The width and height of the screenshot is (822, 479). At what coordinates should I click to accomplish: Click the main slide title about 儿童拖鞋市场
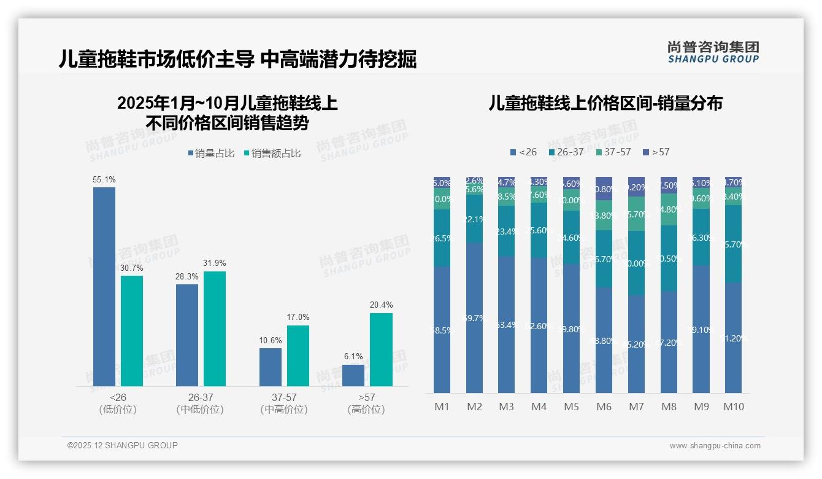point(237,60)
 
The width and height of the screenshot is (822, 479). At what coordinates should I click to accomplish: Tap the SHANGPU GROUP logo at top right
point(713,52)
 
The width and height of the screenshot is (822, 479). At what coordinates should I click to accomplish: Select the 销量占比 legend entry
point(211,154)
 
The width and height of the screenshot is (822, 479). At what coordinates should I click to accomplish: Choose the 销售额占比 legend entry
point(272,154)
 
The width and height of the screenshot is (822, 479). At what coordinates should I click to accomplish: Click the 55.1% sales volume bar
point(104,286)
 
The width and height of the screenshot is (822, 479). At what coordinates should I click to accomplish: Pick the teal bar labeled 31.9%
point(215,329)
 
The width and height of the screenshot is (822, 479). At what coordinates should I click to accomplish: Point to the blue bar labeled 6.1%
point(353,375)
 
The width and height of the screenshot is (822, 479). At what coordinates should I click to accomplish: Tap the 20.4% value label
point(381,305)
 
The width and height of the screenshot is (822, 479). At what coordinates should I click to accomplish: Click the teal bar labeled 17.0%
point(298,356)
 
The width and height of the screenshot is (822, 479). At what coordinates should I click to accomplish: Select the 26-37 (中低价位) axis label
point(200,403)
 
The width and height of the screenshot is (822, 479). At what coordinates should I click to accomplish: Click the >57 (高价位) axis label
point(366,403)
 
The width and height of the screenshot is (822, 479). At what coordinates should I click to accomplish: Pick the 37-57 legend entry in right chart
point(613,152)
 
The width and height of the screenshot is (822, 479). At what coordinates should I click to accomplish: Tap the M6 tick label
point(604,407)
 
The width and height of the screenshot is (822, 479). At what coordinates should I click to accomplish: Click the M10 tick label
point(734,407)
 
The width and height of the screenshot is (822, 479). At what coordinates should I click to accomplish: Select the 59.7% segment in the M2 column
point(474,318)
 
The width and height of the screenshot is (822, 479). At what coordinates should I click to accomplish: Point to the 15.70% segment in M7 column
point(636,214)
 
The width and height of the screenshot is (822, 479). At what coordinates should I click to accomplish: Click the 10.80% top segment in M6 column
point(604,189)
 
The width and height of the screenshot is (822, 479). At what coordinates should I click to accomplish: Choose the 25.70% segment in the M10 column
point(734,244)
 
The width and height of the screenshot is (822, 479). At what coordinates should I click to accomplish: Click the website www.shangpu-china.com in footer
point(715,446)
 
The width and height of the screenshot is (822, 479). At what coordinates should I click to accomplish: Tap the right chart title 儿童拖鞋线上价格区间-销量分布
point(605,103)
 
